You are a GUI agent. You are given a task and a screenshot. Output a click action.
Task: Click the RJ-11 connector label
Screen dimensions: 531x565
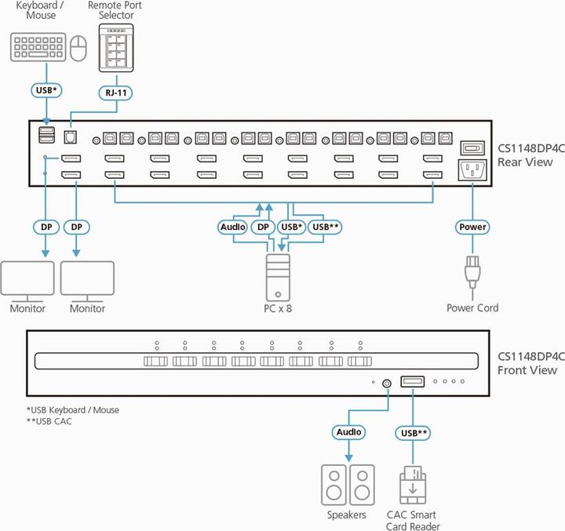pyautogui.click(x=115, y=91)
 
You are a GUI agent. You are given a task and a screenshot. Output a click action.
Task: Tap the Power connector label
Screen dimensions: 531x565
pyautogui.click(x=473, y=227)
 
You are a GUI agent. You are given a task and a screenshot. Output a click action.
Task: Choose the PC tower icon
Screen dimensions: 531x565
pyautogui.click(x=278, y=277)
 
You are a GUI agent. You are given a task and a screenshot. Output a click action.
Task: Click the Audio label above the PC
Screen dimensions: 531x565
pyautogui.click(x=233, y=227)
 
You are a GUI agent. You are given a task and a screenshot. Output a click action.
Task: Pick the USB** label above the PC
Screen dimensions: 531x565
pyautogui.click(x=325, y=227)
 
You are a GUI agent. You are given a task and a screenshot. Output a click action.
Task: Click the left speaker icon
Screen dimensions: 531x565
pyautogui.click(x=334, y=486)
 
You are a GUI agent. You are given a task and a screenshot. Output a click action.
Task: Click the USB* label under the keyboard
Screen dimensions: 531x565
pyautogui.click(x=45, y=91)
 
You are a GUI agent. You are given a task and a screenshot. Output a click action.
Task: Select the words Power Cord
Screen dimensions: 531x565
pyautogui.click(x=472, y=308)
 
